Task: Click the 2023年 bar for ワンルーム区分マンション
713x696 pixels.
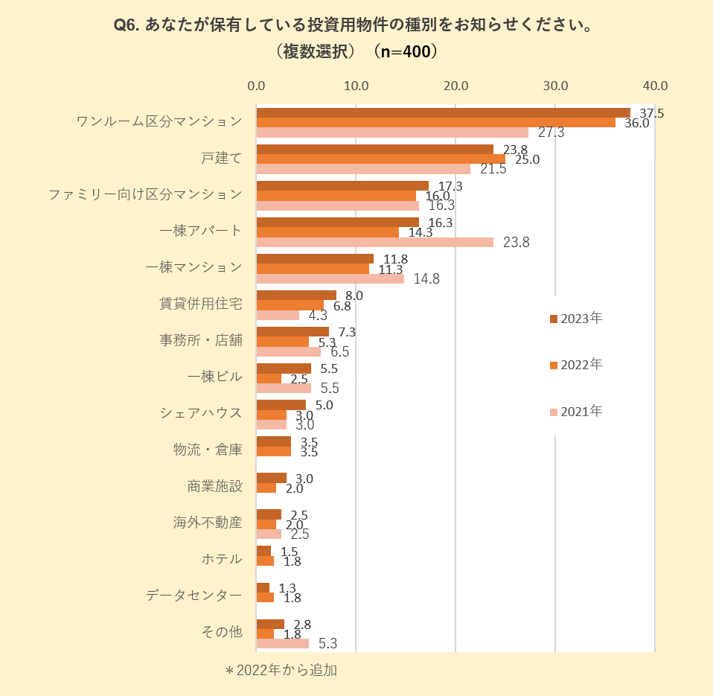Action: coord(443,112)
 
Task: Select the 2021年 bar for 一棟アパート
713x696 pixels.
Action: coord(374,242)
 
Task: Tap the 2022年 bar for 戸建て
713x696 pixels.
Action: coord(380,159)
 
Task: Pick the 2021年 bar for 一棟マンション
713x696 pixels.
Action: coord(330,278)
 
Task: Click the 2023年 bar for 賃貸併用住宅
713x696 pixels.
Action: coord(296,295)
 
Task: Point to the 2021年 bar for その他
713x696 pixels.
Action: coord(282,643)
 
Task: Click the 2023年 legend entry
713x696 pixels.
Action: coord(576,319)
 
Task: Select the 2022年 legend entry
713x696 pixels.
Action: coord(576,365)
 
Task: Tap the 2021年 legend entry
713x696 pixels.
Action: coord(576,411)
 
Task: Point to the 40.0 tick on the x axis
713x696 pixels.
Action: coord(655,86)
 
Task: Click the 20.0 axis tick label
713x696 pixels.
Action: coord(455,86)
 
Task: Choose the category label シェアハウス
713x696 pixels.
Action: coord(201,413)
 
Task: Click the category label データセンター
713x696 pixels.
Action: coord(194,595)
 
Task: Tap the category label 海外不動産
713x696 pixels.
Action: coord(208,523)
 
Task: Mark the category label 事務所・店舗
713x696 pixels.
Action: coord(201,340)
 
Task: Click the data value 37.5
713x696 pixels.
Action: coord(652,113)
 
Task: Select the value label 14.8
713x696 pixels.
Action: coord(426,279)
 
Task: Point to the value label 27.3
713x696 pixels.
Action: coord(551,133)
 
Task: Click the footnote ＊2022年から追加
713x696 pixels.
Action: coord(281,670)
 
